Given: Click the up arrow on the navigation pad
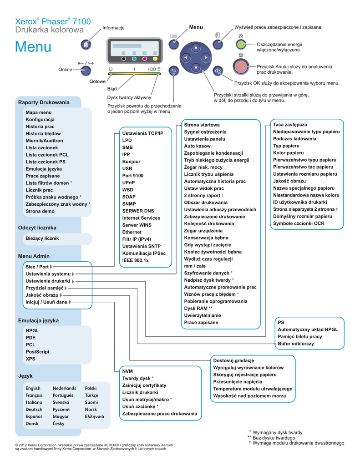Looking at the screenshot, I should click(196, 48).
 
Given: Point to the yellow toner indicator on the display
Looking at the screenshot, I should click(155, 59).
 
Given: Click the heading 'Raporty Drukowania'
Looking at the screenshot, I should click(44, 102).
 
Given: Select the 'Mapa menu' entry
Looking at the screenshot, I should click(39, 112).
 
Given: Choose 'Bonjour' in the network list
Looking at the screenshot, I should click(131, 162).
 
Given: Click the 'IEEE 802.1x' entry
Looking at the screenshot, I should click(136, 260).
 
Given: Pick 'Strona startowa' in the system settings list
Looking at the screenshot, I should click(202, 125).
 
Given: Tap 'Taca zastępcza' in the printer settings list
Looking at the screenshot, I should click(290, 125).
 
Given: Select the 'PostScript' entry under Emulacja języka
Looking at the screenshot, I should click(38, 352).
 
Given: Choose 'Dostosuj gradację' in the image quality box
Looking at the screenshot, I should click(233, 360).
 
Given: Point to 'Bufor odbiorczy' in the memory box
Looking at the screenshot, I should click(296, 344).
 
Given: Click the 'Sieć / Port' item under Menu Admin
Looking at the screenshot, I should click(37, 267).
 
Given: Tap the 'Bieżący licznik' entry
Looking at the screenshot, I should click(42, 238).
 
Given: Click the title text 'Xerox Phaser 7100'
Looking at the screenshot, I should click(53, 21).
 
